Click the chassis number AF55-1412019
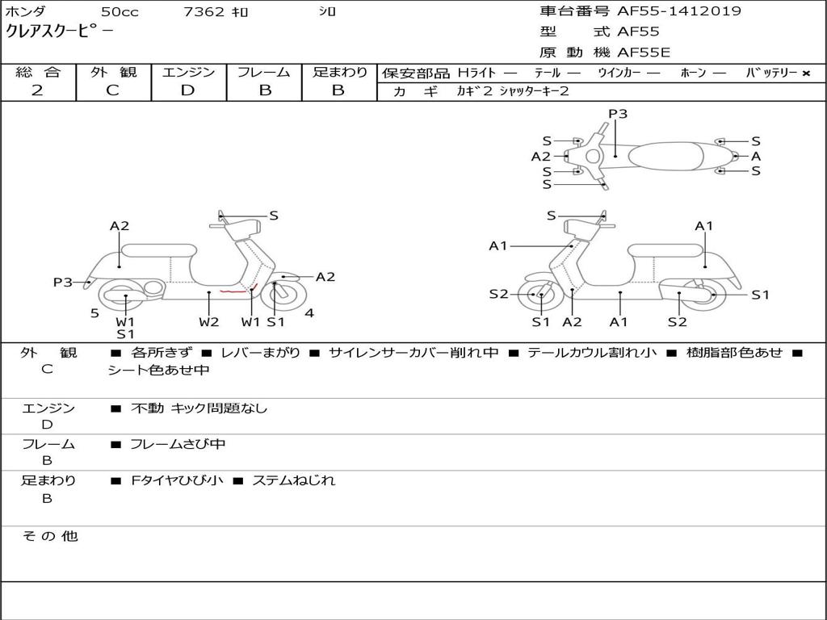(x=679, y=11)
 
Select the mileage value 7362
(x=204, y=11)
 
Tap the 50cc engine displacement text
(x=120, y=11)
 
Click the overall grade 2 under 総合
(x=37, y=90)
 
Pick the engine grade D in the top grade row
(x=187, y=90)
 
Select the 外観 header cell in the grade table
(x=113, y=72)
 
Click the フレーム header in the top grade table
(x=264, y=72)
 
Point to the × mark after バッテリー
(x=806, y=73)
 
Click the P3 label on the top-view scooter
(x=618, y=114)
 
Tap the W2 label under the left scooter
(x=209, y=321)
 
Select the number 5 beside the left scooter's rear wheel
(x=94, y=314)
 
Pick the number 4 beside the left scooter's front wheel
(x=309, y=313)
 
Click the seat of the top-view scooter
(x=665, y=156)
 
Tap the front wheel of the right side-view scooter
(x=537, y=295)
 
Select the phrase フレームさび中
(x=178, y=444)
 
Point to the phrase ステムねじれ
(x=294, y=480)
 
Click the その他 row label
(x=50, y=536)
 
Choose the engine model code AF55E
(x=644, y=52)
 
